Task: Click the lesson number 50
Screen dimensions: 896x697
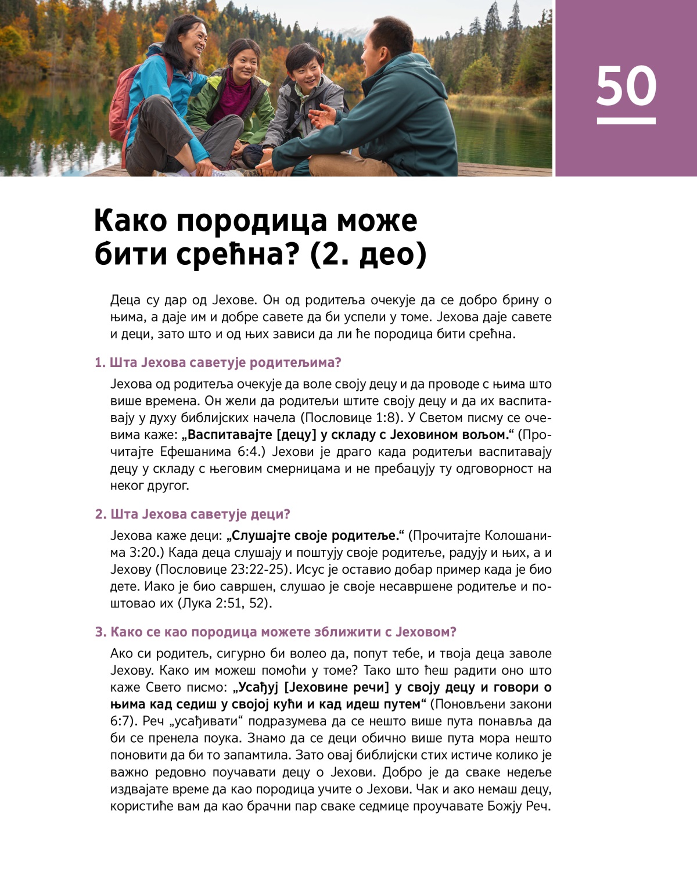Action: coord(626,86)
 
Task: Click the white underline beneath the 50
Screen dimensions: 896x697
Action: coord(626,121)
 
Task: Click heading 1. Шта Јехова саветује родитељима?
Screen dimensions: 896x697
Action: coord(218,362)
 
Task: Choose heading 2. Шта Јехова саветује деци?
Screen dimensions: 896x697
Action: coord(192,514)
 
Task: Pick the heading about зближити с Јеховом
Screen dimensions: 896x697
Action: coord(276,632)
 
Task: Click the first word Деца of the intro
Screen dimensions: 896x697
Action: coord(125,300)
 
